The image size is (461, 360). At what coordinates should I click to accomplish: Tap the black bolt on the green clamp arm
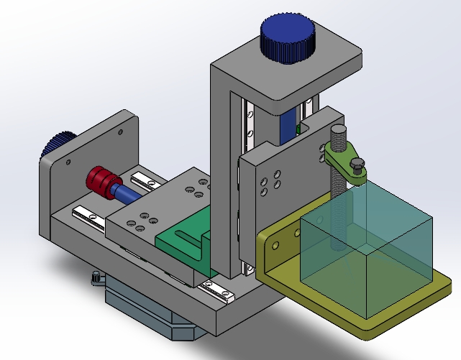(357, 166)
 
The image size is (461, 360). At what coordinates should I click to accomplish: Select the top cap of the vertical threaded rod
(339, 131)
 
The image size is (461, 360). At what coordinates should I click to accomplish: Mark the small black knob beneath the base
(96, 277)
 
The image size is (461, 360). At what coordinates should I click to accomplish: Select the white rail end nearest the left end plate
(86, 213)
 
